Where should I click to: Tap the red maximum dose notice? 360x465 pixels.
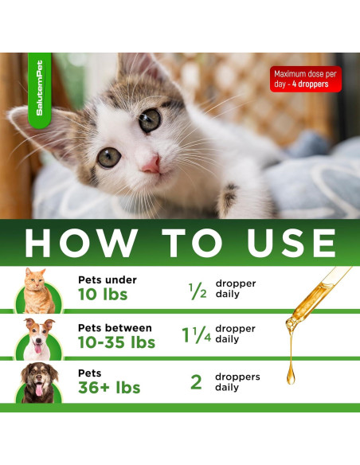(x=306, y=78)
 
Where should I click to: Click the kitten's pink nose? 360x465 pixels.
(x=150, y=163)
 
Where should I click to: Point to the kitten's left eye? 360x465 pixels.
(x=108, y=157)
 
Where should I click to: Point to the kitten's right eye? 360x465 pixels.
(x=148, y=121)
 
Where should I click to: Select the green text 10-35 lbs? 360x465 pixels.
(x=116, y=342)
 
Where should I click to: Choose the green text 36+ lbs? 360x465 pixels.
(x=109, y=388)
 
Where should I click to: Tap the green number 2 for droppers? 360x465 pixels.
(x=196, y=381)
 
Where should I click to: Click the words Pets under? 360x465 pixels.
(x=108, y=279)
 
